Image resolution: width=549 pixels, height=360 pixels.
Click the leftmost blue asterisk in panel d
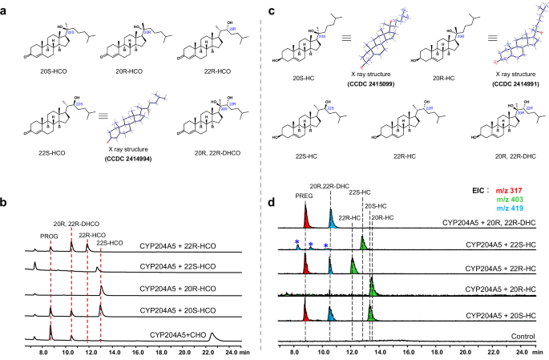297,242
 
